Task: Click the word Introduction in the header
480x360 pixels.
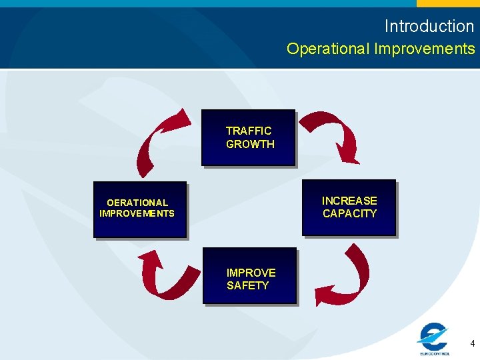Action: pos(429,26)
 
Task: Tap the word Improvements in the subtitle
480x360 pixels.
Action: pos(425,49)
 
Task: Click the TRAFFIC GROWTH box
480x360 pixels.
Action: pos(248,137)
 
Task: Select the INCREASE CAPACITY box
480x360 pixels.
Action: pos(349,207)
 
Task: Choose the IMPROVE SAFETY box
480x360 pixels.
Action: pos(249,276)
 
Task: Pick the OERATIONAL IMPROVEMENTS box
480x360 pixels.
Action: pos(139,209)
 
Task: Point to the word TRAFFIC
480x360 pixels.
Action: pos(249,131)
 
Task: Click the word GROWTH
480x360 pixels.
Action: pos(250,144)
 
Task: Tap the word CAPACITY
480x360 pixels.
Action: pos(349,214)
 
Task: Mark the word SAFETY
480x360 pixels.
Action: pos(247,285)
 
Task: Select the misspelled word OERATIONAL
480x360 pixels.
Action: pos(137,203)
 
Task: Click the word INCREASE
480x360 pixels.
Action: pos(349,201)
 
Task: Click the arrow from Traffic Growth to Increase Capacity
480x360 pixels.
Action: pos(333,133)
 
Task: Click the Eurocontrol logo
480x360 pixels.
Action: pos(434,339)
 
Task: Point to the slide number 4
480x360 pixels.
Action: pos(472,344)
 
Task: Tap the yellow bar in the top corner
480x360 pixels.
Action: pos(448,3)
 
